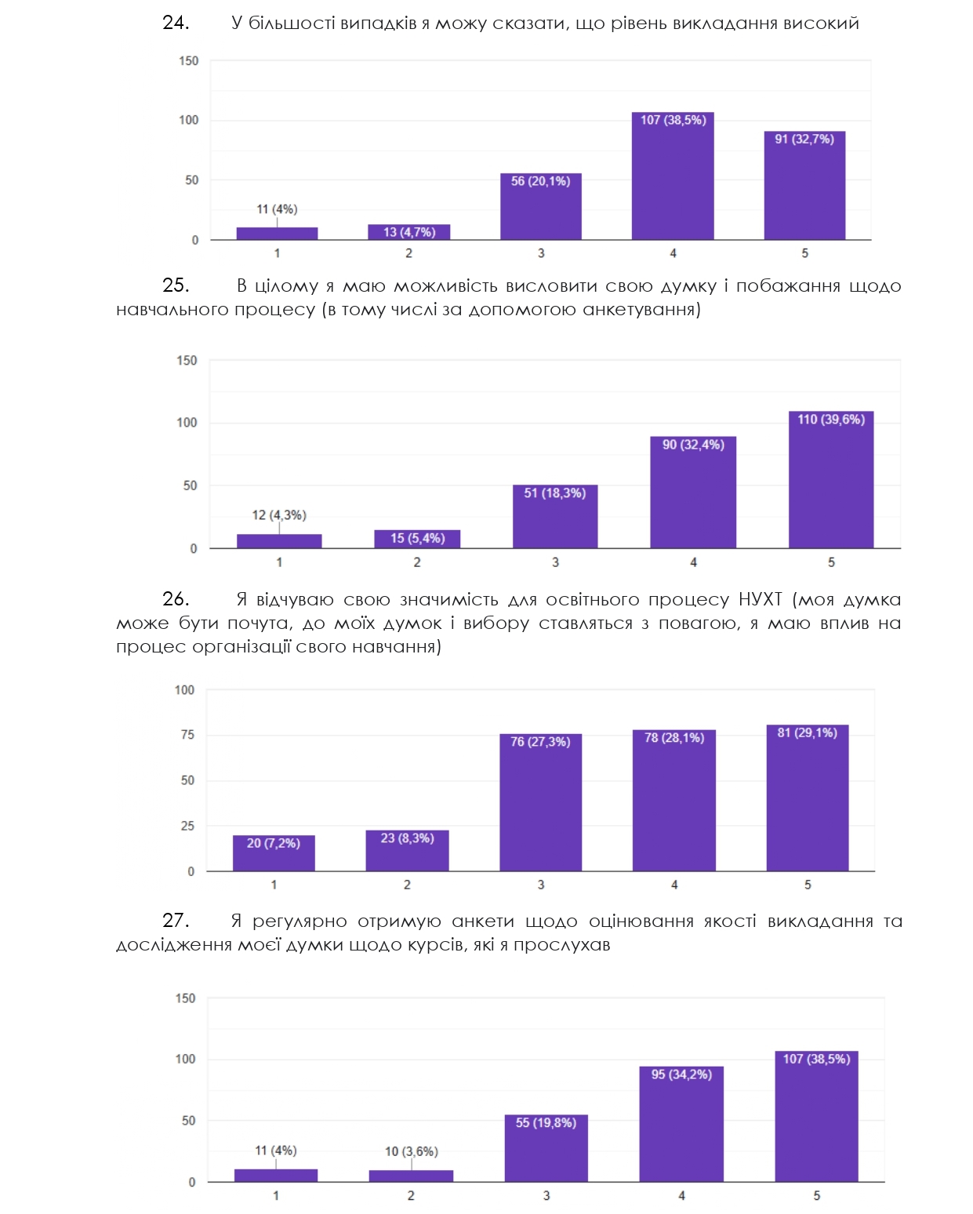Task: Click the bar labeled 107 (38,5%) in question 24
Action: click(673, 176)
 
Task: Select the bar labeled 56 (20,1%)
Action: click(541, 207)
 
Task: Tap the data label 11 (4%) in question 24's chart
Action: click(277, 209)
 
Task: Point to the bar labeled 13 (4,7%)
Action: click(408, 232)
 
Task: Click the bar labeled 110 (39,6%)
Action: click(831, 480)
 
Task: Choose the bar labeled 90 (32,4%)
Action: click(693, 493)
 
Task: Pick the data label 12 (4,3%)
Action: click(279, 515)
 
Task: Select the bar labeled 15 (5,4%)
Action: click(417, 539)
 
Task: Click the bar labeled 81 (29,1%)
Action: click(808, 798)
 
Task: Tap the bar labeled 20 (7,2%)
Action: click(274, 853)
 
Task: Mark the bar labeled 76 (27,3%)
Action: click(540, 802)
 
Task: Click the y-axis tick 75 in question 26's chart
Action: click(187, 735)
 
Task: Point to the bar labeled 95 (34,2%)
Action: click(681, 1124)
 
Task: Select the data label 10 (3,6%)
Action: click(411, 1151)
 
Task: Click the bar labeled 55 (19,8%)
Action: click(546, 1148)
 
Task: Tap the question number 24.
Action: click(176, 23)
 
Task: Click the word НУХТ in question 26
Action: click(760, 600)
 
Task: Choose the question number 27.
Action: click(176, 921)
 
